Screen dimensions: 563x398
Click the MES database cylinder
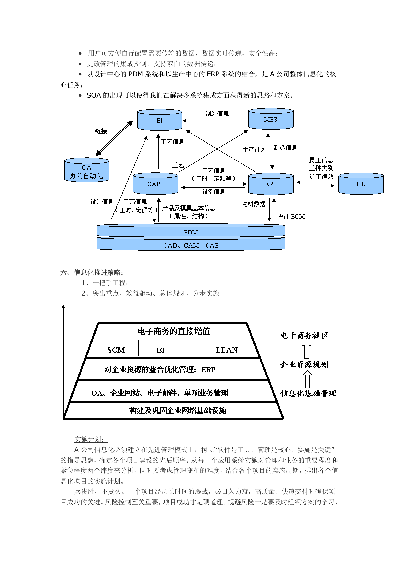coord(271,119)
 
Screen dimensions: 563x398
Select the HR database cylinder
coord(361,184)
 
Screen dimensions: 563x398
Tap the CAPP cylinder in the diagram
coord(155,184)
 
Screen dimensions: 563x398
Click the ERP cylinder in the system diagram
coord(271,184)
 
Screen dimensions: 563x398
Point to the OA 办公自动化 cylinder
coord(87,171)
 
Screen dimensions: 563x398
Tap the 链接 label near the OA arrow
coord(101,131)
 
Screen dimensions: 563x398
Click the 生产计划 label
coord(254,150)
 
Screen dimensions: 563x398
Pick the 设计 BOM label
coord(291,216)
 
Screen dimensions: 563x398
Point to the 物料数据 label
coord(253,204)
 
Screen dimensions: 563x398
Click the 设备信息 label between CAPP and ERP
coord(214,192)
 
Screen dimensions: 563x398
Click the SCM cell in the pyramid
coord(116,350)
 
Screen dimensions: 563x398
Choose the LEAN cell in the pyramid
coord(226,350)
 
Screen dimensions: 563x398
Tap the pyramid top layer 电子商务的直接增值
coord(174,331)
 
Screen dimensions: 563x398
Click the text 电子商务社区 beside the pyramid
coord(304,335)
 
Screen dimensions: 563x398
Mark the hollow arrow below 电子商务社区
coord(307,350)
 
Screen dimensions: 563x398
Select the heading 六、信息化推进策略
coord(92,272)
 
